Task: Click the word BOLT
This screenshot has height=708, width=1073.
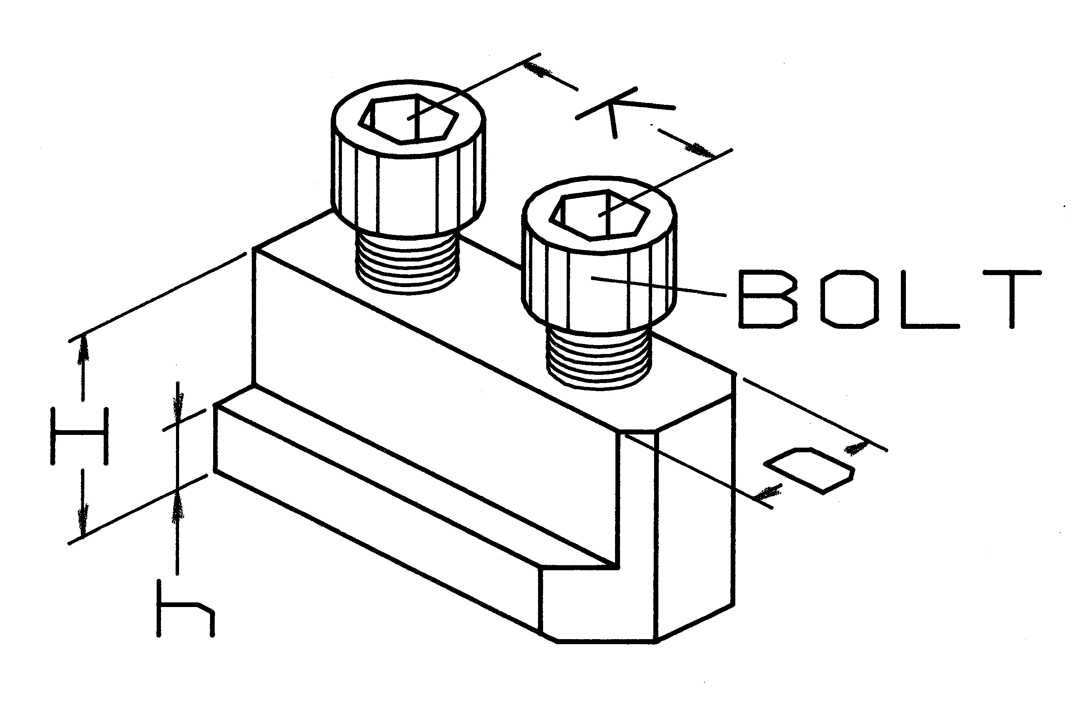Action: coord(890,299)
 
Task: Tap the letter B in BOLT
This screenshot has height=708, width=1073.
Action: coord(767,299)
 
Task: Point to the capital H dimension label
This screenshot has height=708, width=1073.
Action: coord(80,436)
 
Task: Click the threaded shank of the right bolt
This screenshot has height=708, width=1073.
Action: coord(599,359)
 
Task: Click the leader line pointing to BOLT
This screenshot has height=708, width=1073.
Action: coord(659,287)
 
